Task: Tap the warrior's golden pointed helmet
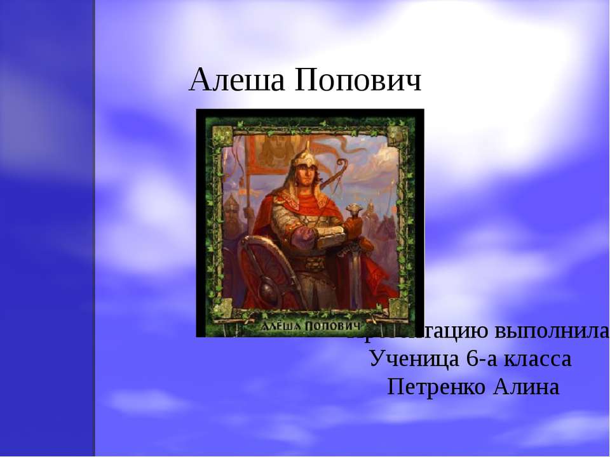click(303, 156)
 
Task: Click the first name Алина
click(526, 387)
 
